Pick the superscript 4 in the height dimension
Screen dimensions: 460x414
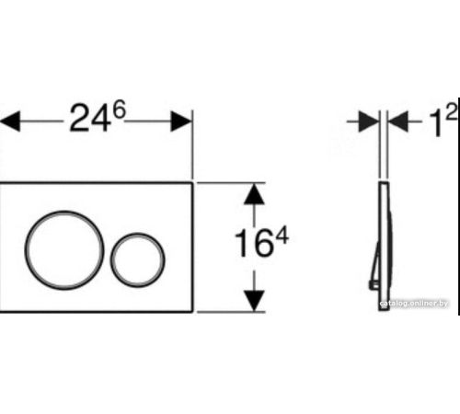coord(282,236)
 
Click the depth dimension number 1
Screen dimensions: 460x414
coord(435,123)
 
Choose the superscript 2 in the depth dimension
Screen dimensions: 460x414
coord(451,111)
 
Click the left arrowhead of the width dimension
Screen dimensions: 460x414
coord(10,121)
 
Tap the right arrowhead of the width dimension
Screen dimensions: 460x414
coord(181,121)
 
